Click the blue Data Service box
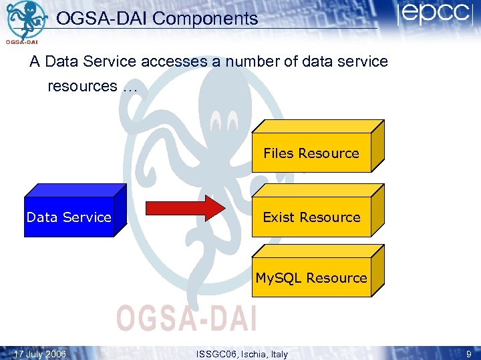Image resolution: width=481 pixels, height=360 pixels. [69, 217]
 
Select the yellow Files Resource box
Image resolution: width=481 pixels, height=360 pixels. [311, 153]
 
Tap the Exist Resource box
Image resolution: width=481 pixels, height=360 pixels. [311, 217]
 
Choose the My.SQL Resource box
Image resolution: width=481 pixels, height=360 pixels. [311, 278]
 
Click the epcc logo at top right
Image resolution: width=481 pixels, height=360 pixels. [434, 15]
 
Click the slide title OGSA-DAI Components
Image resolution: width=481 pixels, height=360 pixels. [157, 19]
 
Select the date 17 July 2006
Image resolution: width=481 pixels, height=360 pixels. [40, 354]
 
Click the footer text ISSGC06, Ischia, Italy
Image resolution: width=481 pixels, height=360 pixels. [243, 354]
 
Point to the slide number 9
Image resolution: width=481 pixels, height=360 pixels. [469, 354]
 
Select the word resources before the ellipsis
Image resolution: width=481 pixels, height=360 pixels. [82, 86]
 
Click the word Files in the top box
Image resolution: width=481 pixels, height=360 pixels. [279, 153]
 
